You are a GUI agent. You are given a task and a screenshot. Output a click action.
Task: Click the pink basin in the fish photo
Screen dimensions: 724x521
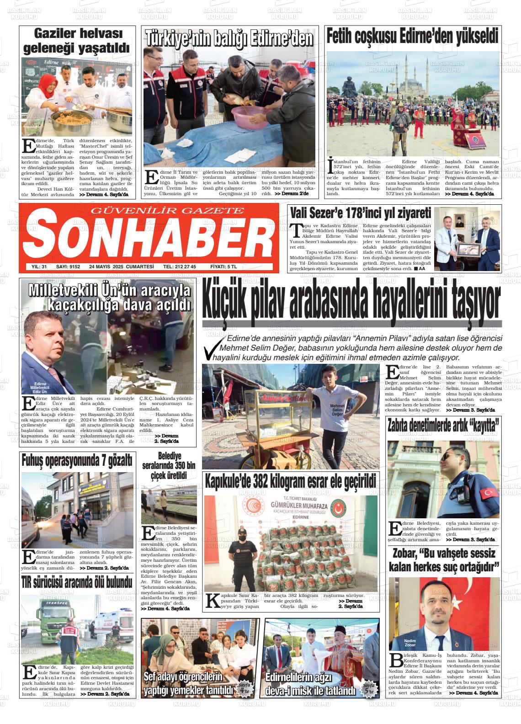[x=251, y=118]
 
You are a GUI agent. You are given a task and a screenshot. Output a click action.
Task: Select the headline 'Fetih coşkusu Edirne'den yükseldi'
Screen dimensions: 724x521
[x=413, y=36]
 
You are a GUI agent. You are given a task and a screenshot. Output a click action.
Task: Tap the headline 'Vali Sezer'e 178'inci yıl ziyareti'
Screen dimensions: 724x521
[x=360, y=213]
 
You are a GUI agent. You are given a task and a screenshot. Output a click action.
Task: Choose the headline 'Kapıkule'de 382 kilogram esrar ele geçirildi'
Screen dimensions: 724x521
[x=291, y=481]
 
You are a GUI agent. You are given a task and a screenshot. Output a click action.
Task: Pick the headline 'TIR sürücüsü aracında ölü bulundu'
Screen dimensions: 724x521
[x=77, y=583]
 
